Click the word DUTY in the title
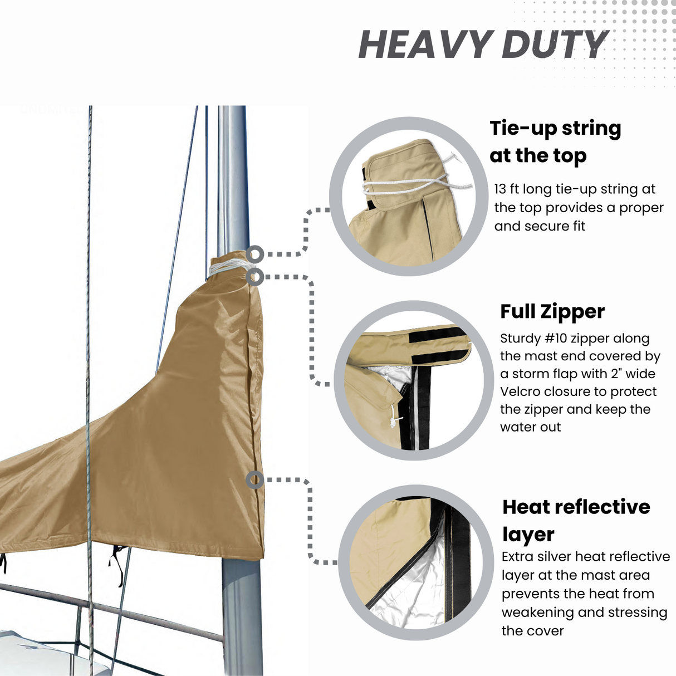tap(554, 45)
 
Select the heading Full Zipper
tap(552, 311)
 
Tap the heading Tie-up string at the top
tap(555, 141)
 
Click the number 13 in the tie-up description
tap(500, 189)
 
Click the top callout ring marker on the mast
tap(254, 254)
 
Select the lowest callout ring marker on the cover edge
tap(254, 479)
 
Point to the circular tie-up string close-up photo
tap(409, 196)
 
